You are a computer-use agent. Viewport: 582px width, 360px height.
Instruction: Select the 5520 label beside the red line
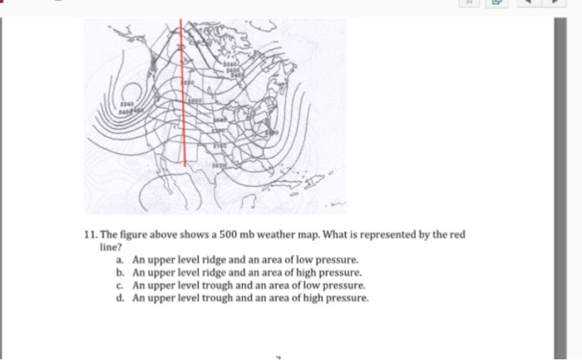pyautogui.click(x=189, y=84)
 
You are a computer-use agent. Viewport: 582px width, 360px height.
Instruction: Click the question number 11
pyautogui.click(x=92, y=235)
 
